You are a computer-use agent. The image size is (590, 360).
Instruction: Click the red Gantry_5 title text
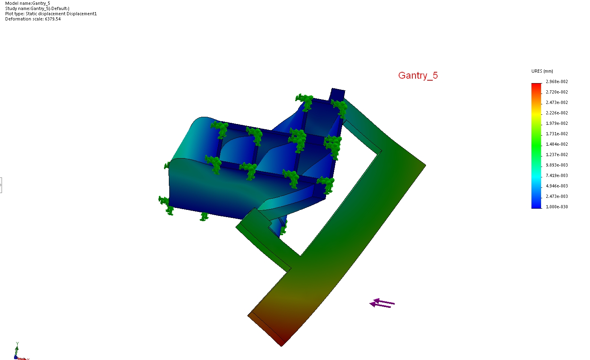point(418,75)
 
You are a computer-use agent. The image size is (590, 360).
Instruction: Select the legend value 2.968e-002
point(557,82)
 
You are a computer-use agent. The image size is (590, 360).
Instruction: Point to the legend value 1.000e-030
point(557,207)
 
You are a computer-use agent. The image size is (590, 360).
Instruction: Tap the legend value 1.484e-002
point(557,144)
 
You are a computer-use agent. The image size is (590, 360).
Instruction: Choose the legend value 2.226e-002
point(557,113)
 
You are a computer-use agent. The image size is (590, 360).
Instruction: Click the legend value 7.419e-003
point(557,175)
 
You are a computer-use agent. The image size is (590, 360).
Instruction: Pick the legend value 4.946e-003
point(557,186)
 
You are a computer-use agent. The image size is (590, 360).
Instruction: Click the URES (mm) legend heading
point(542,71)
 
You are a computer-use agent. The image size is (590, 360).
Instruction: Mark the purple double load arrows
point(382,303)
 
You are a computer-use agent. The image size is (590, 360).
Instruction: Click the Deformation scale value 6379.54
point(53,19)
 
